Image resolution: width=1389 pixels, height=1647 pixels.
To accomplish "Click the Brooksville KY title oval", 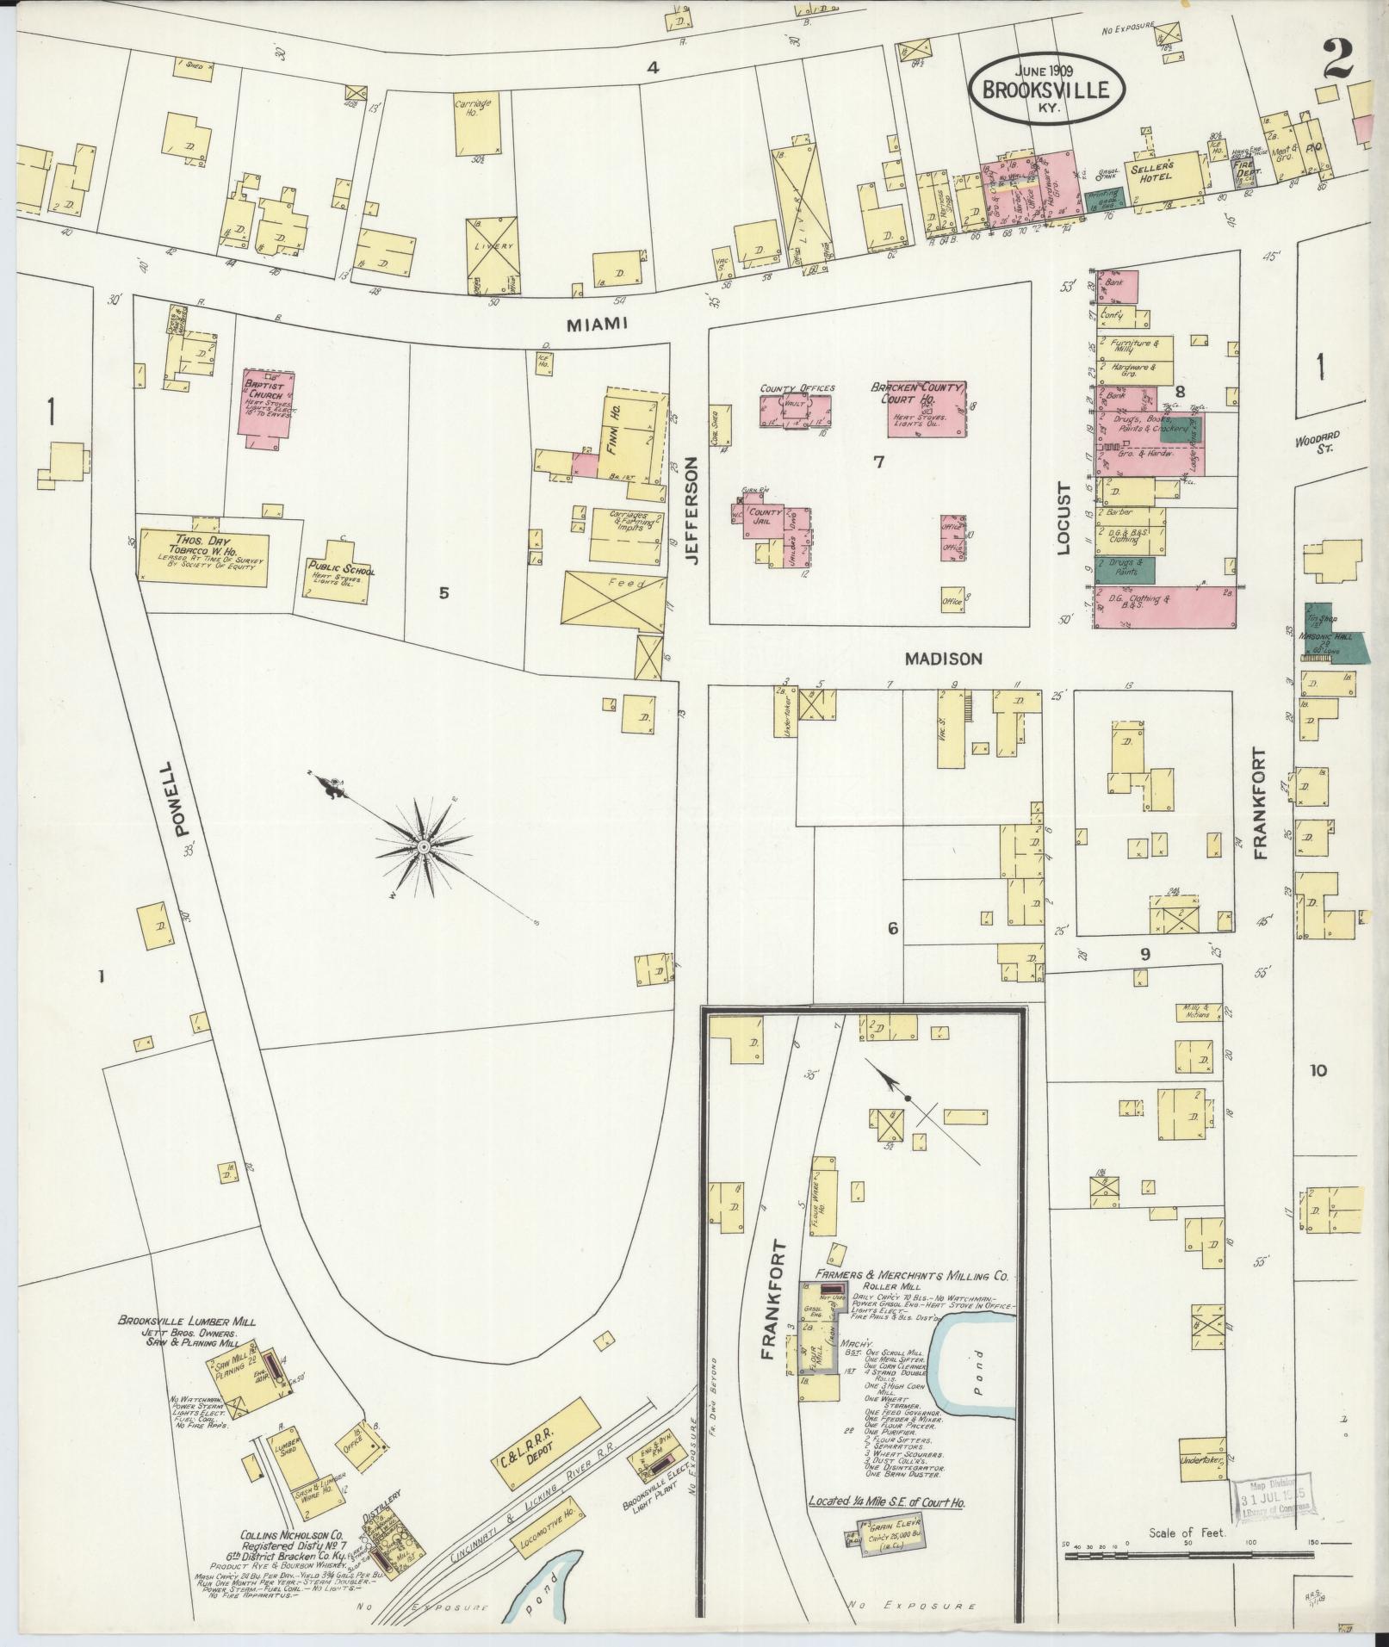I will pos(1048,88).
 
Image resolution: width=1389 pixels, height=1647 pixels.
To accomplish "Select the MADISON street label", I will pos(943,659).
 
